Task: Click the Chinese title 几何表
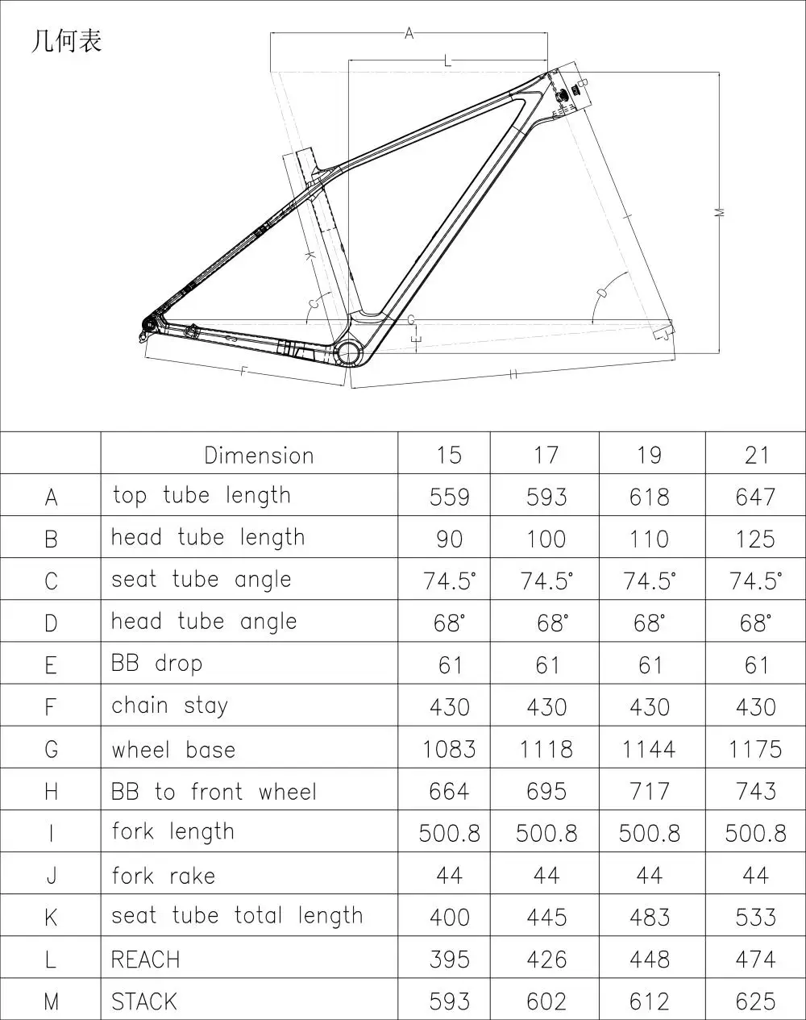pyautogui.click(x=66, y=41)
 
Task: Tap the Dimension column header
pyautogui.click(x=259, y=455)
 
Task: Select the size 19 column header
pyautogui.click(x=649, y=455)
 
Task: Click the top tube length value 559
pyautogui.click(x=449, y=497)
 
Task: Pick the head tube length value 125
pyautogui.click(x=754, y=539)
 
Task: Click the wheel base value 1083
pyautogui.click(x=449, y=749)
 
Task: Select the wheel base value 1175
pyautogui.click(x=754, y=749)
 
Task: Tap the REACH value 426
pyautogui.click(x=546, y=960)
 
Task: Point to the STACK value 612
pyautogui.click(x=649, y=1001)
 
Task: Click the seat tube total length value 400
pyautogui.click(x=449, y=918)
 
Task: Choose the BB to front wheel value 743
pyautogui.click(x=754, y=791)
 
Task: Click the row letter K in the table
pyautogui.click(x=51, y=918)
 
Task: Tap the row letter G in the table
pyautogui.click(x=51, y=749)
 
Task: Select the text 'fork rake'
pyautogui.click(x=164, y=876)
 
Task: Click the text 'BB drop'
pyautogui.click(x=156, y=664)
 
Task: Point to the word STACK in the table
pyautogui.click(x=143, y=1001)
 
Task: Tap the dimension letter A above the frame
pyautogui.click(x=409, y=33)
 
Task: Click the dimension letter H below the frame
pyautogui.click(x=513, y=373)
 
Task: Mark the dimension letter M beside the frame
pyautogui.click(x=720, y=211)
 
